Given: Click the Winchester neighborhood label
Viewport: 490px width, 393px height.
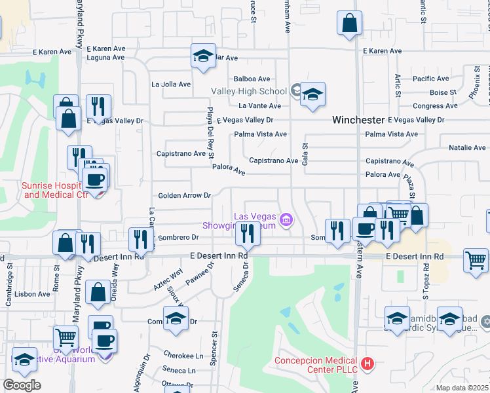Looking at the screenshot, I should coord(358,120).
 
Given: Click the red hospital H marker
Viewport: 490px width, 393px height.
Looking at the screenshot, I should coord(367,362).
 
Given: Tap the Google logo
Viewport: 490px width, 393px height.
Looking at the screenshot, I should coord(21,385).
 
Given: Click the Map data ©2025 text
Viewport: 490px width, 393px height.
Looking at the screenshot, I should coord(462,388).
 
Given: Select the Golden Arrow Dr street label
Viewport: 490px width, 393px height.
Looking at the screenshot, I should coord(185,195).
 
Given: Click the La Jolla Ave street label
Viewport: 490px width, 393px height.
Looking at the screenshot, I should coord(171,84).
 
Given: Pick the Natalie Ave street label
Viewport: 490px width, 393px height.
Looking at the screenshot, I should coord(466,148).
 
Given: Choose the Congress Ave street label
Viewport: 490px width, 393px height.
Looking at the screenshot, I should coord(435,105).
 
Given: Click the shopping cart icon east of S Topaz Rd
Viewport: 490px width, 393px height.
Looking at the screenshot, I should coord(475,259).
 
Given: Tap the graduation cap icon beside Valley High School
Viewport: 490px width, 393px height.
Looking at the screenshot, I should coord(312,94).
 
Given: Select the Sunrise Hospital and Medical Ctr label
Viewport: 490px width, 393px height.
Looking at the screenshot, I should coord(54,190).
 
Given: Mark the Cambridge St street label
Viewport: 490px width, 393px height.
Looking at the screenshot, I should coord(10,275).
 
